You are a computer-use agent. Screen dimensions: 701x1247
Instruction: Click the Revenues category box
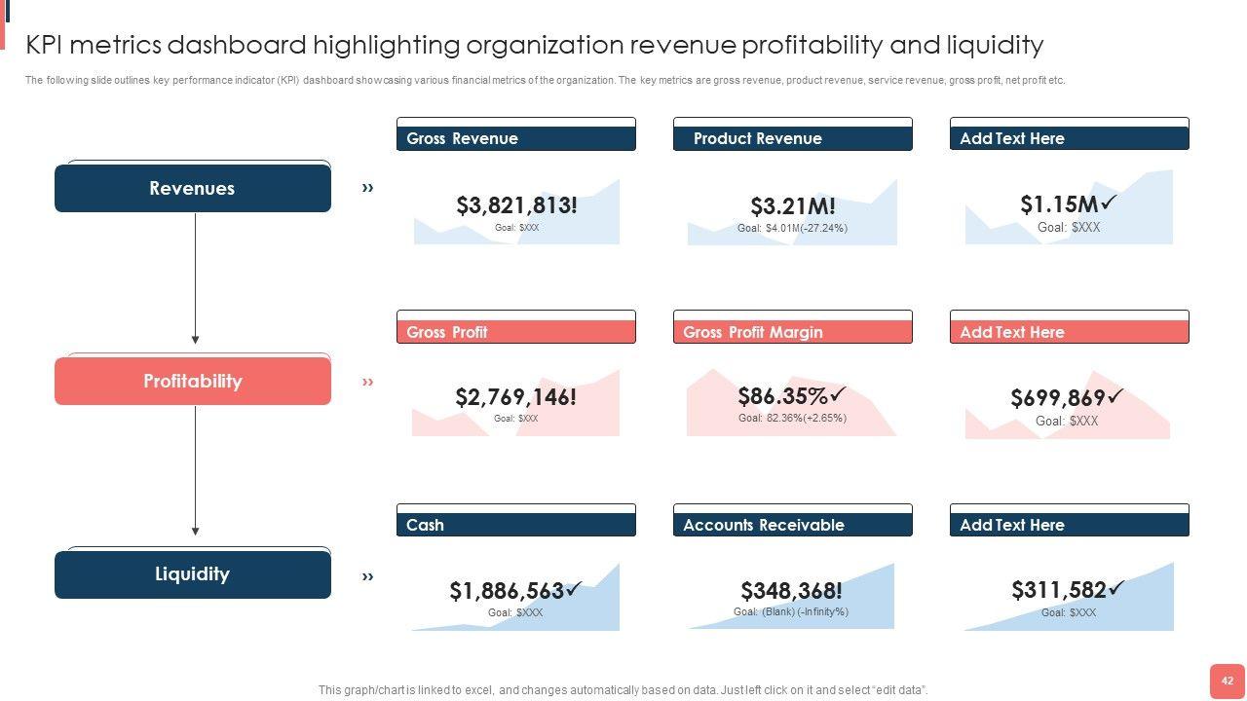pyautogui.click(x=192, y=188)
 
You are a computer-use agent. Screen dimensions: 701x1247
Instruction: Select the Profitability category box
pyautogui.click(x=192, y=381)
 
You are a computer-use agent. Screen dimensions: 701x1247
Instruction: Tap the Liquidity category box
pyautogui.click(x=192, y=573)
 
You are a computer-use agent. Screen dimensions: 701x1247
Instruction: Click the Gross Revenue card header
pyautogui.click(x=515, y=138)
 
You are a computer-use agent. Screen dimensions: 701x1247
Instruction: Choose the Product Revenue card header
pyautogui.click(x=792, y=138)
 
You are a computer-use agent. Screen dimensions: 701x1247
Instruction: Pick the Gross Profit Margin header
pyautogui.click(x=792, y=332)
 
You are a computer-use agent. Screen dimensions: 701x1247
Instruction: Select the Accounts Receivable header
pyautogui.click(x=792, y=525)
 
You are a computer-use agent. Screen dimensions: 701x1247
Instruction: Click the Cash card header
pyautogui.click(x=515, y=525)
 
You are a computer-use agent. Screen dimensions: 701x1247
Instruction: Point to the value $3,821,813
pyautogui.click(x=516, y=205)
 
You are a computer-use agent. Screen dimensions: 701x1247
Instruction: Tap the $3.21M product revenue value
pyautogui.click(x=792, y=206)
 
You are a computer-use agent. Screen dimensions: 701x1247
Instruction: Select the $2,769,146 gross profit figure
pyautogui.click(x=515, y=397)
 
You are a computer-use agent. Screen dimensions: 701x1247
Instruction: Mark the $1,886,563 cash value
pyautogui.click(x=508, y=591)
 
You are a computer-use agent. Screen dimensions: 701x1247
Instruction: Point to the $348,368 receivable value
pyautogui.click(x=791, y=591)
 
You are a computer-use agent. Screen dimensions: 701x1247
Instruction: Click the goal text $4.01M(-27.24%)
pyautogui.click(x=792, y=229)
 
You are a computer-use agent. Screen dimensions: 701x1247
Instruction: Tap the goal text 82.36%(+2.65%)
pyautogui.click(x=792, y=419)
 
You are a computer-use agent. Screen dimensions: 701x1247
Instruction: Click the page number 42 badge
pyautogui.click(x=1227, y=682)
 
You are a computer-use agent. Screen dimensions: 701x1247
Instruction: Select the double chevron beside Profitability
pyautogui.click(x=368, y=382)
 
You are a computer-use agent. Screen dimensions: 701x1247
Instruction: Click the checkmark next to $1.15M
pyautogui.click(x=1109, y=203)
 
